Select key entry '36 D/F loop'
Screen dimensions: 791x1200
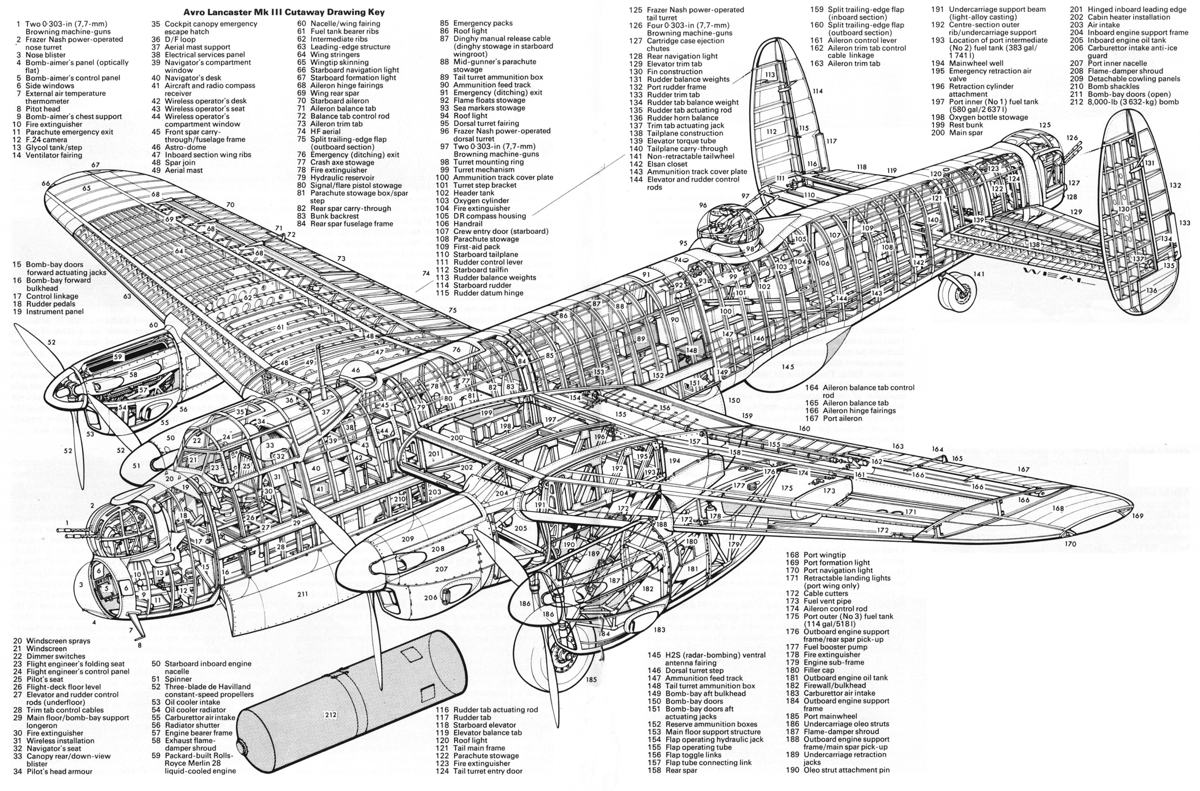[181, 39]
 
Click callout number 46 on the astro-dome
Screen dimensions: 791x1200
[356, 370]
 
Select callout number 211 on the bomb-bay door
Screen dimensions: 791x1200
[302, 594]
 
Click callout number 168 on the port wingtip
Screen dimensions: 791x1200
[1058, 509]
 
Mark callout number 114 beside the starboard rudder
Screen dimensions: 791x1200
[817, 92]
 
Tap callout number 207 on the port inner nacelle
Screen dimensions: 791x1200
[441, 569]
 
